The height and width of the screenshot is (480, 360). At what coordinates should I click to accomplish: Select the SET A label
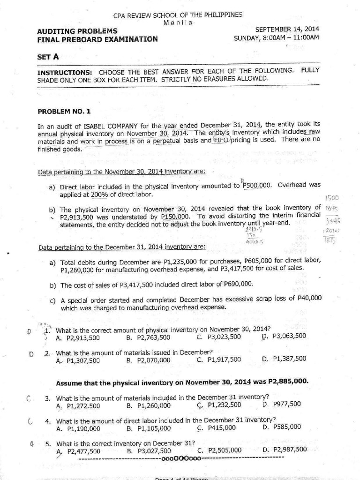point(48,57)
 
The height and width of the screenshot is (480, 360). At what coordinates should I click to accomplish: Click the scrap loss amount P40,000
point(309,297)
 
